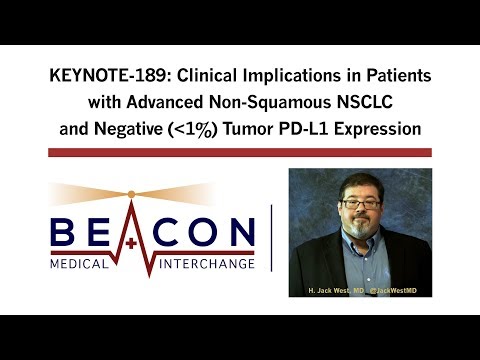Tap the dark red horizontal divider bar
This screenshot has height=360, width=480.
(x=240, y=152)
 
